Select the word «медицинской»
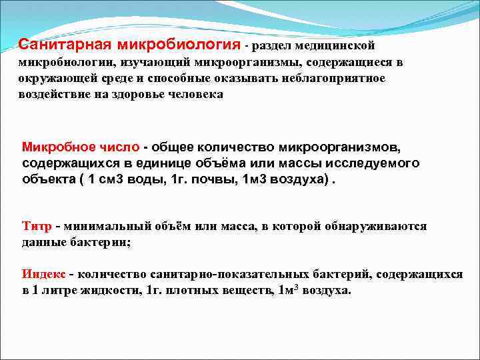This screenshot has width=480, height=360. (x=337, y=46)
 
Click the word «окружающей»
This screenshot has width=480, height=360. (x=53, y=79)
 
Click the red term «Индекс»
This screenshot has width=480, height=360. (x=43, y=275)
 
